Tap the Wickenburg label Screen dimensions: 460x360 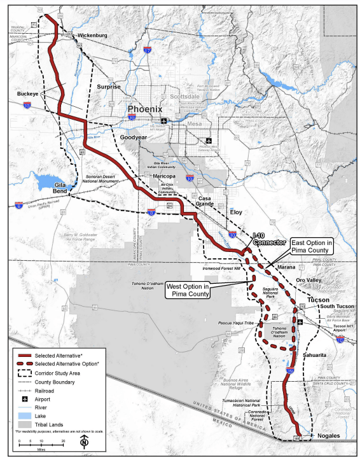[x=93, y=35]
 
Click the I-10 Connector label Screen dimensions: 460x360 [x=268, y=239]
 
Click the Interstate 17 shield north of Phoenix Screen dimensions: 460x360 [x=147, y=50]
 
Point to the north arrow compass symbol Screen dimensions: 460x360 [x=83, y=442]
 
